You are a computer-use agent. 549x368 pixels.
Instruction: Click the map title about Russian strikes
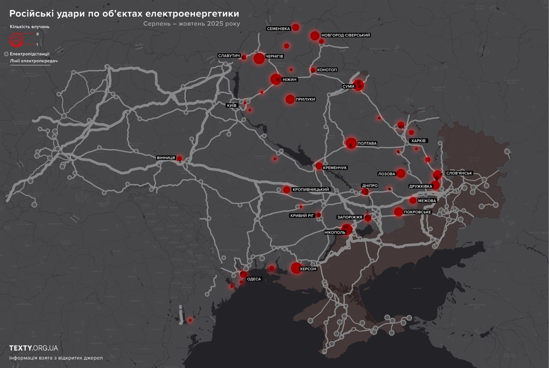click(x=124, y=14)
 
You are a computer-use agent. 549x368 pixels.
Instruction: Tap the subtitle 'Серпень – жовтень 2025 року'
click(x=191, y=24)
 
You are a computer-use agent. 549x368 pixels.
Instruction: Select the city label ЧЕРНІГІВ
click(x=274, y=57)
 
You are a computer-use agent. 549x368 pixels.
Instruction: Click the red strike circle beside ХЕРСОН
click(x=296, y=268)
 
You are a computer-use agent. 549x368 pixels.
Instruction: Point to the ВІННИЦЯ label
click(x=166, y=158)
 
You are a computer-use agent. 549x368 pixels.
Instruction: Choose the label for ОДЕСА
click(x=254, y=279)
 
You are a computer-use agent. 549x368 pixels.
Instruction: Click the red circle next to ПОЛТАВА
click(x=350, y=143)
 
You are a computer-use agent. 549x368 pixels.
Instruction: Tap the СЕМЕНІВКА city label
click(x=278, y=29)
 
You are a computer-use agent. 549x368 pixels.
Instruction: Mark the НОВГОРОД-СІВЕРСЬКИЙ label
click(x=346, y=35)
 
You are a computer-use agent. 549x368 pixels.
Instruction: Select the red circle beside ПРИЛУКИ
click(x=290, y=99)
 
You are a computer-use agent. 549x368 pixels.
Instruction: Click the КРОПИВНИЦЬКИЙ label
click(x=311, y=190)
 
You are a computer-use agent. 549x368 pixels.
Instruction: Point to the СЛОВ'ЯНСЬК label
click(x=459, y=173)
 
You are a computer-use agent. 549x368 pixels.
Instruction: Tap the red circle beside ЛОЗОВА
click(x=401, y=173)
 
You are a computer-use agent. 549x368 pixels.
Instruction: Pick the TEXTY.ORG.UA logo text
click(x=33, y=348)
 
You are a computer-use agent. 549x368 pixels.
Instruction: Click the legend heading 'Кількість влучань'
click(x=29, y=27)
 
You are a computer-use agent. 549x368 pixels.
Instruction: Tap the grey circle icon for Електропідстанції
click(x=6, y=54)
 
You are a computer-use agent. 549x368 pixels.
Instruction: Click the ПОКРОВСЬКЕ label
click(x=417, y=212)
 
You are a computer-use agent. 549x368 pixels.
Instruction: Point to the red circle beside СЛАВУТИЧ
click(x=244, y=57)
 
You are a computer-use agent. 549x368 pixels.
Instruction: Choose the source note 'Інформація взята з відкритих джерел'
click(x=56, y=358)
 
